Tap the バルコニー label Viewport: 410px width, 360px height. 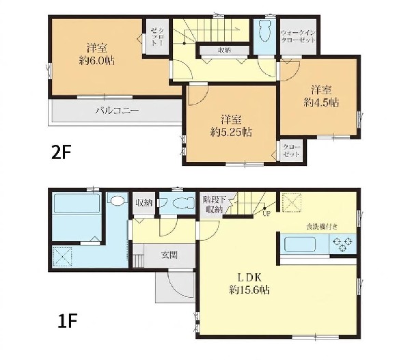pos(117,111)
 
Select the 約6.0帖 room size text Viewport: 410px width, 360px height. pos(97,61)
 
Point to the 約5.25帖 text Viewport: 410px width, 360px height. pos(231,133)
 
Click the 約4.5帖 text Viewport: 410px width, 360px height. pos(321,102)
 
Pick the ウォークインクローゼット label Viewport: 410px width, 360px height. pos(298,37)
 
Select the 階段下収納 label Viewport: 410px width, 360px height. pos(214,205)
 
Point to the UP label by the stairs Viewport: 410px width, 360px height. pos(266,214)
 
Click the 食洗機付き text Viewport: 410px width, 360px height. pos(322,226)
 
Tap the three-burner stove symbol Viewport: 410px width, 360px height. pos(342,244)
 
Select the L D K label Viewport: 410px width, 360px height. pos(249,277)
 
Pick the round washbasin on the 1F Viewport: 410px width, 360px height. pos(117,200)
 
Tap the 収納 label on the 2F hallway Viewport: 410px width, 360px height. pos(224,50)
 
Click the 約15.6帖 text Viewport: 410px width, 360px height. pos(249,290)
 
